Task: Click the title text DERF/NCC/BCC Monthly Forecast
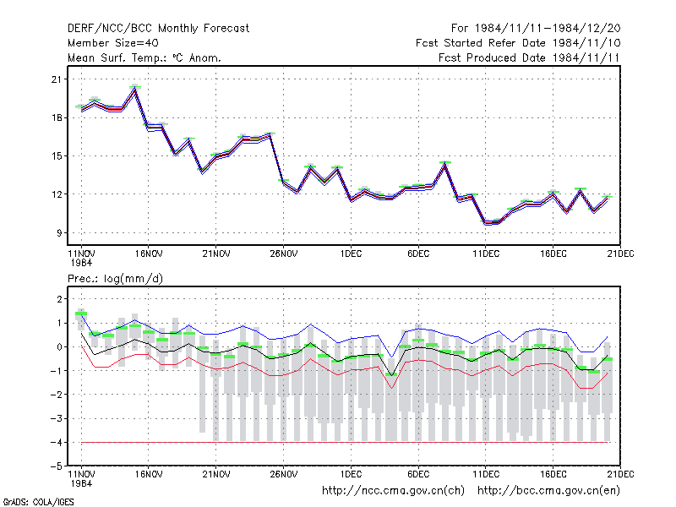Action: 158,29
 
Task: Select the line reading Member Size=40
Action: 113,43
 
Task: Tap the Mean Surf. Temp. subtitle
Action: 144,57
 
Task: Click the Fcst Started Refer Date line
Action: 518,43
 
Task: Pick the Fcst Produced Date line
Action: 529,57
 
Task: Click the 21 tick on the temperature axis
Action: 57,79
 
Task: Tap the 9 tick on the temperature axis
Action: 59,233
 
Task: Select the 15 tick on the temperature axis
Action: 57,156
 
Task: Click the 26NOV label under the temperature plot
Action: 284,253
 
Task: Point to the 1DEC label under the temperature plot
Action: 351,253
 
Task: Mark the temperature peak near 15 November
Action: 135,90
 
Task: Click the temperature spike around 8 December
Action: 445,165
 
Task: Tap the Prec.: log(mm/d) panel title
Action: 115,279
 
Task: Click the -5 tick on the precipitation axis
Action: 57,466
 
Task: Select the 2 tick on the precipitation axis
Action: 59,299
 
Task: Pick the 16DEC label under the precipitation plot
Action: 553,474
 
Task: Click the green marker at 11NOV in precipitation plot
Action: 81,313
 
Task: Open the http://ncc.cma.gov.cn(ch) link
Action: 393,491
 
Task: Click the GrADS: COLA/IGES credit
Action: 39,502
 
